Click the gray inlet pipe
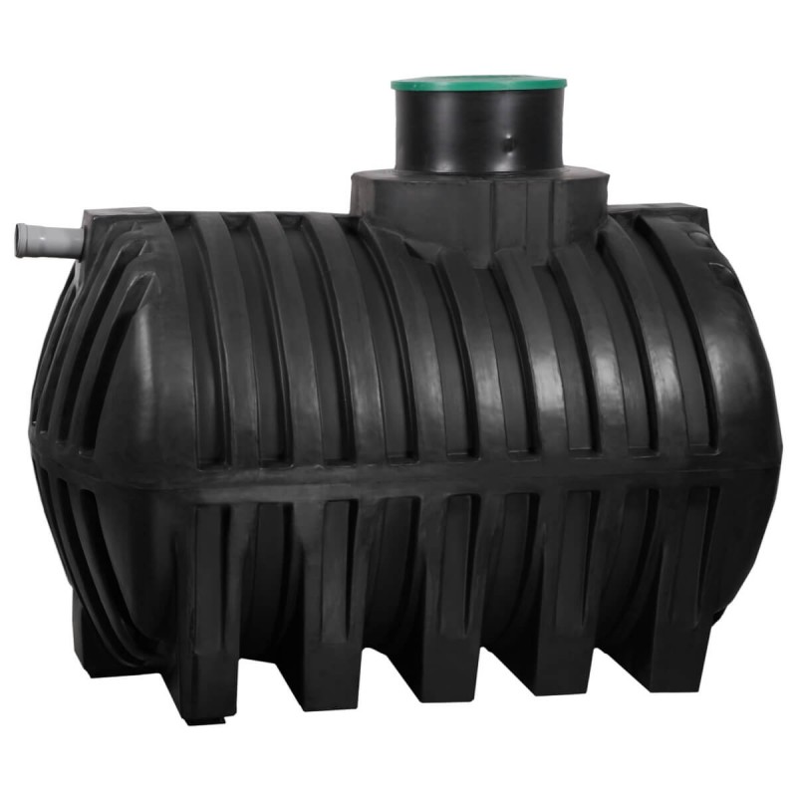coord(50,239)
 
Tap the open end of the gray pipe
coord(21,237)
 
